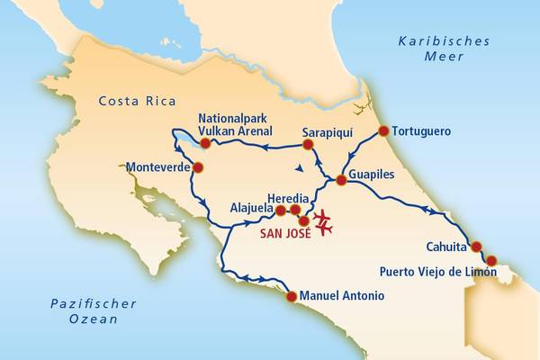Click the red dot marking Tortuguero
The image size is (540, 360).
383,131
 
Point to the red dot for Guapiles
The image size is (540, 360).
341,181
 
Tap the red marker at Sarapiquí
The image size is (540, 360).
308,144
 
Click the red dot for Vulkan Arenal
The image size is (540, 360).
205,143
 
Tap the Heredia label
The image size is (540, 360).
289,198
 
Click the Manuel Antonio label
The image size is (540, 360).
341,296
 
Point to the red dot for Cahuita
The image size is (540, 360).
476,247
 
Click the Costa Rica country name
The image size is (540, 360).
137,100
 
